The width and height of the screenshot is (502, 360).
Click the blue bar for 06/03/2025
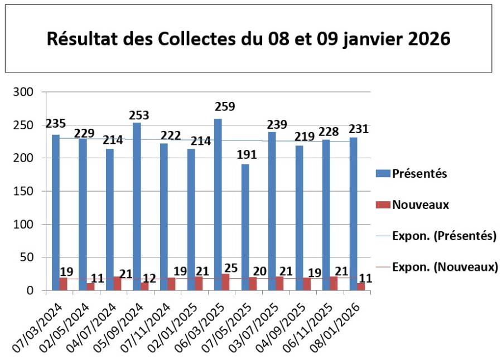pos(218,204)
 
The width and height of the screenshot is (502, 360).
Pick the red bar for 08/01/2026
pos(361,287)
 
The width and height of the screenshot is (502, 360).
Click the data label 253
pos(139,115)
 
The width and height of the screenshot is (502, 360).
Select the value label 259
pos(225,106)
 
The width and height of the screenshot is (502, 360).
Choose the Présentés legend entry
pos(420,173)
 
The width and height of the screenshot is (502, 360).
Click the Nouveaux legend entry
pos(421,205)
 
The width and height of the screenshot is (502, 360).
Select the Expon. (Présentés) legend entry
pos(444,236)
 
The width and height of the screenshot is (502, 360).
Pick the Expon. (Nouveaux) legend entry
pos(445,267)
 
